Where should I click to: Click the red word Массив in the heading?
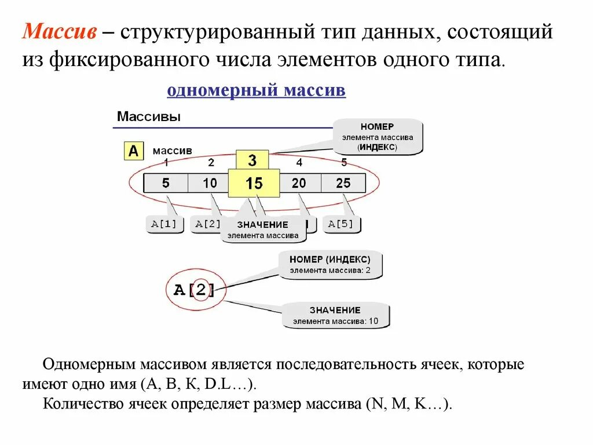(59, 32)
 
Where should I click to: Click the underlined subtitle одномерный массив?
(256, 91)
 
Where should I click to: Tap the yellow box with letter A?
(134, 151)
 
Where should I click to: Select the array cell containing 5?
(166, 184)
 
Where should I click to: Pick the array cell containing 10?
(209, 184)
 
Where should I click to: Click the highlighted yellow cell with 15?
(254, 184)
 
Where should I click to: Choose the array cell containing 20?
(299, 184)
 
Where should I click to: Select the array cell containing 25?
(343, 184)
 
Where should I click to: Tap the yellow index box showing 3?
(252, 160)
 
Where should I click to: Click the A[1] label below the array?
(164, 224)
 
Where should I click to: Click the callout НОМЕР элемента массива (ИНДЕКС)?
(377, 137)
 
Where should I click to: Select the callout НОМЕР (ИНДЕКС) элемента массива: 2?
(330, 264)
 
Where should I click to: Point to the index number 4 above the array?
(299, 162)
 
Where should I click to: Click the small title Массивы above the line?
(149, 116)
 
